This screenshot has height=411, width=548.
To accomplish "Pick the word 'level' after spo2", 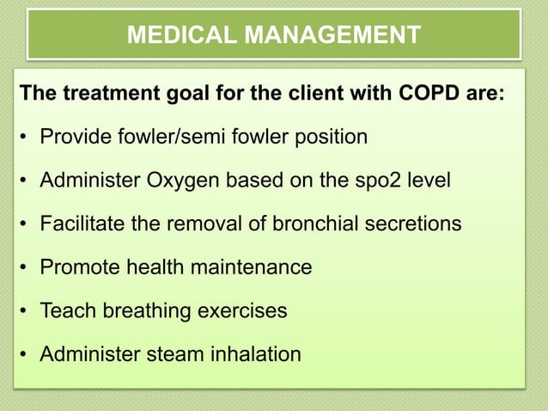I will [426, 181].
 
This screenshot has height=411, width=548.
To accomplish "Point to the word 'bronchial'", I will [311, 224].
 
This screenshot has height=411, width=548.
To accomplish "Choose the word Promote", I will [76, 267].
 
